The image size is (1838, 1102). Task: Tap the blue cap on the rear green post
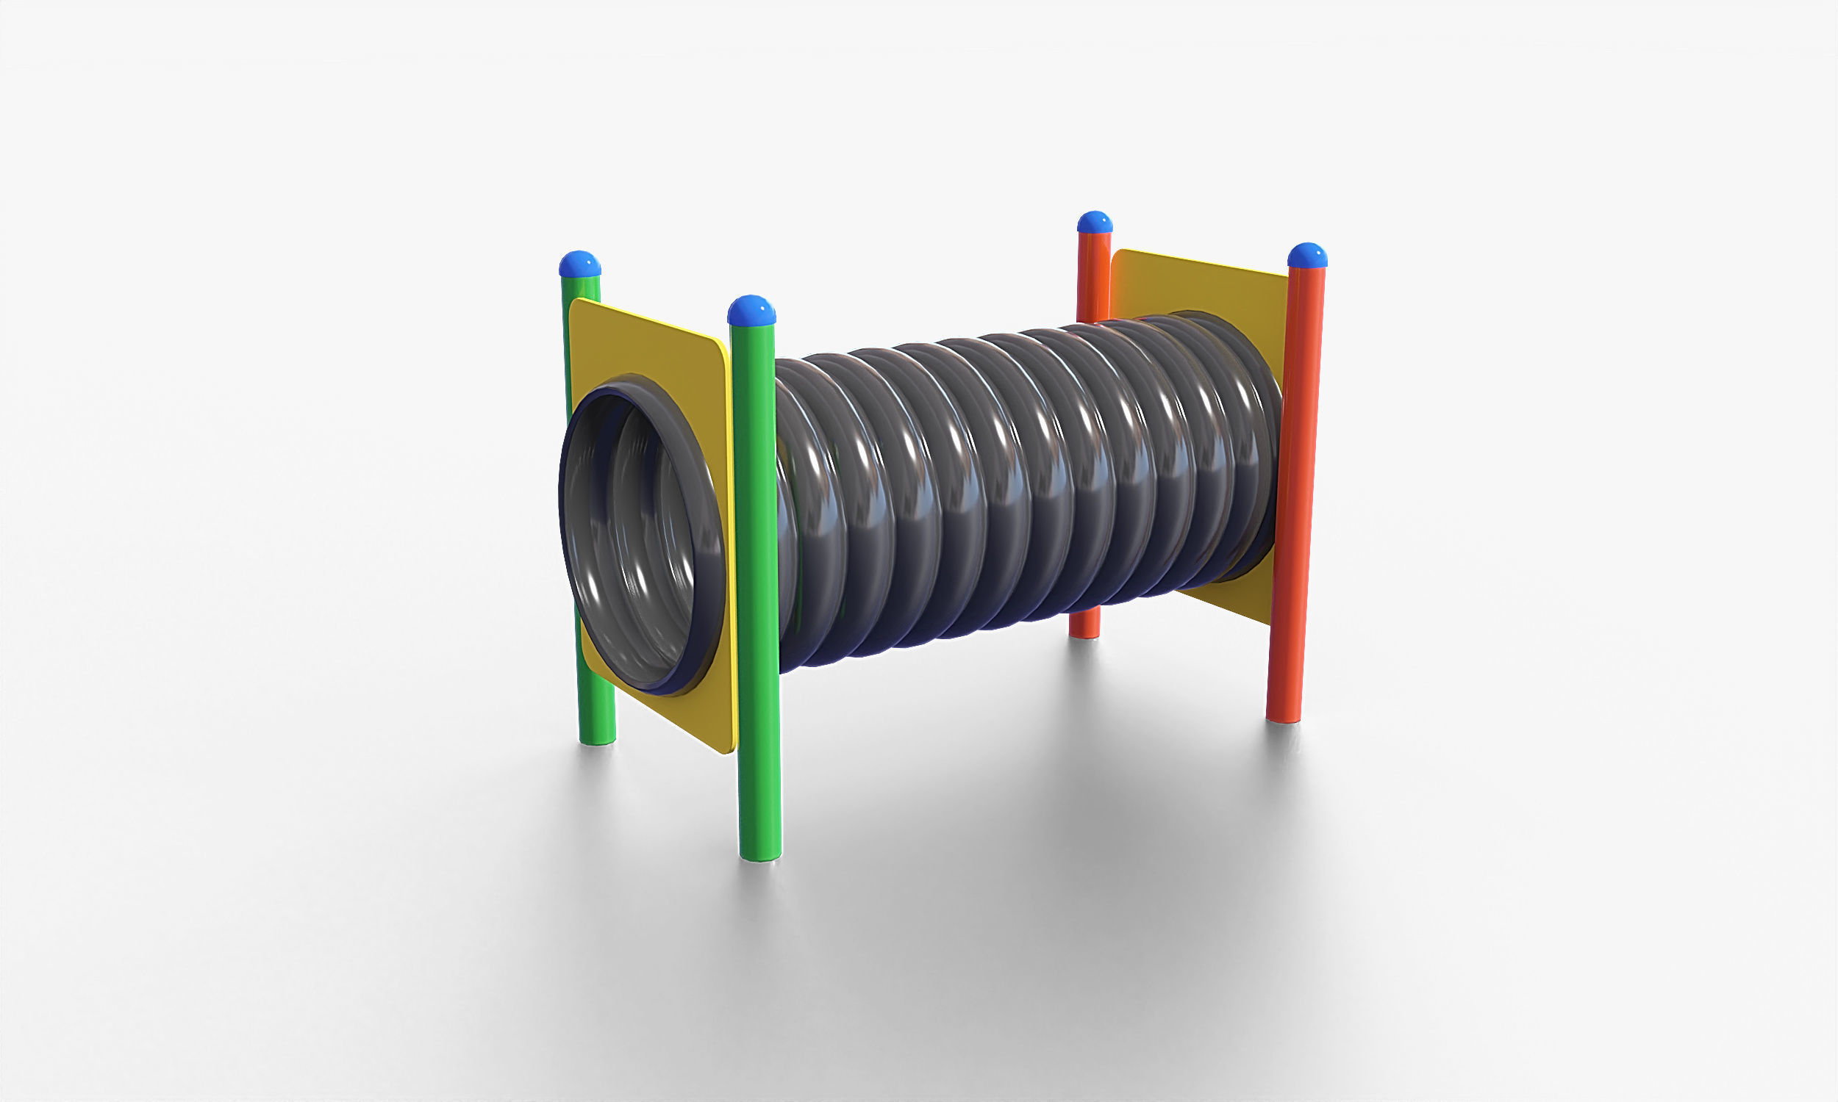click(x=579, y=264)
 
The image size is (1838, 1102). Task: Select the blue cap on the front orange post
click(x=1306, y=255)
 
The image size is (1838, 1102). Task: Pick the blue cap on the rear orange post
click(x=1094, y=222)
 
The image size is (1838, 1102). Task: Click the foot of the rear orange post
click(x=1084, y=632)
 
